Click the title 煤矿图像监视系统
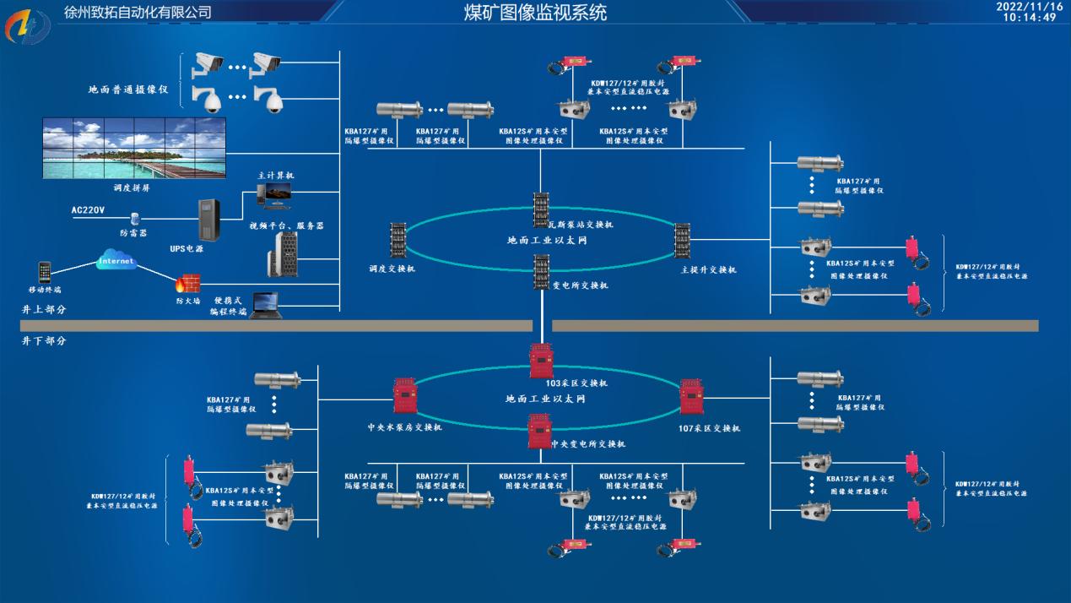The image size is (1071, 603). point(535,13)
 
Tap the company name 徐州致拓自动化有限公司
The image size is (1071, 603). point(138,13)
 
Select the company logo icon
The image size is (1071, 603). point(27,28)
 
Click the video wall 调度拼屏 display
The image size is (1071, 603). point(135,148)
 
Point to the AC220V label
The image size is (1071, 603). point(88,209)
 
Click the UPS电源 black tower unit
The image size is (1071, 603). point(208,220)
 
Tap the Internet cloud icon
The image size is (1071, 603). point(116,262)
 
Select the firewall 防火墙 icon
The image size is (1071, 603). point(186,282)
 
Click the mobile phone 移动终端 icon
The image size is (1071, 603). point(45,273)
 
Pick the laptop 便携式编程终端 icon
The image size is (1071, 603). point(265,305)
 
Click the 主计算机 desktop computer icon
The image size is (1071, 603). point(276,195)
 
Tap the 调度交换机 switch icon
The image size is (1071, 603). point(398,241)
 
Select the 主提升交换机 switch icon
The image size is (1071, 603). point(682,242)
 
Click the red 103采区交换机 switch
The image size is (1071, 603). point(540,361)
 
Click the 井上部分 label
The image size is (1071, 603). point(44,310)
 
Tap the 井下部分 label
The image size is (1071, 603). point(44,341)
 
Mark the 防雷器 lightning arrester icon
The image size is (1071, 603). point(134,220)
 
